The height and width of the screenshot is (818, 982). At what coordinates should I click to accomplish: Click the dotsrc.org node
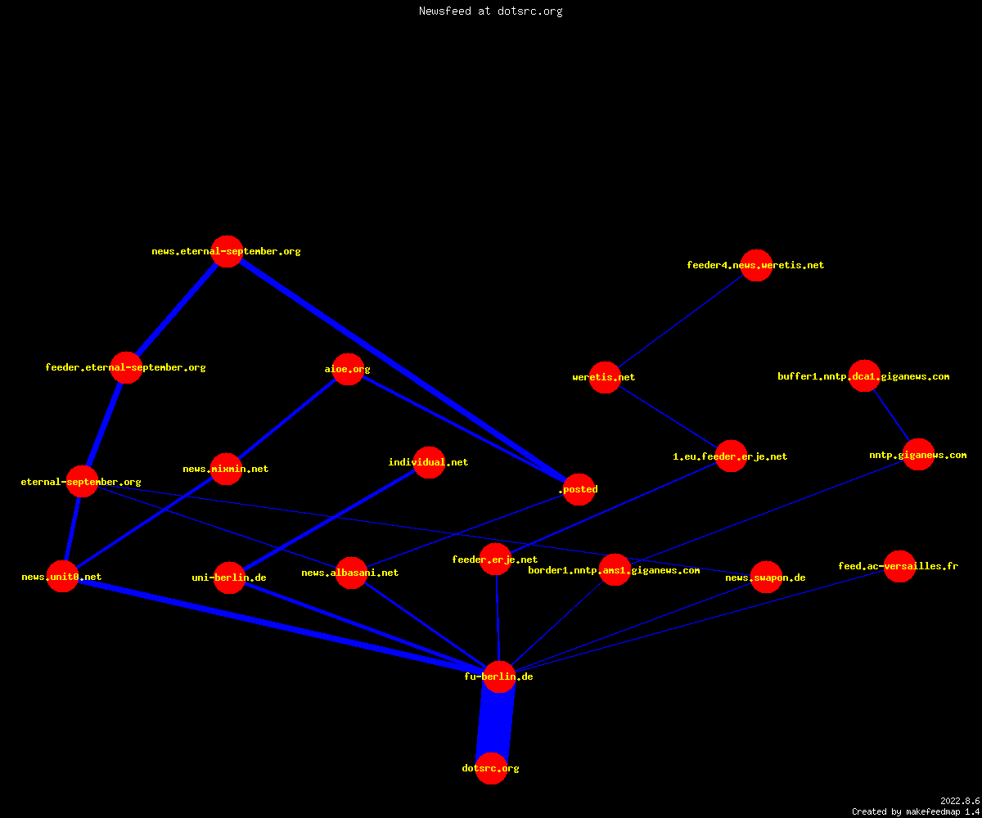click(x=491, y=768)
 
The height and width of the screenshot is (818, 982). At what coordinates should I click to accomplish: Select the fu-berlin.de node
click(x=499, y=676)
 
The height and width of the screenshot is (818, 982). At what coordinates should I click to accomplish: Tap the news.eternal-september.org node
click(x=227, y=251)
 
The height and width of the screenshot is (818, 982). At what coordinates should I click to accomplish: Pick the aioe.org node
click(x=348, y=369)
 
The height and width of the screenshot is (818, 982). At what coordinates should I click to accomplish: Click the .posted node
click(x=579, y=489)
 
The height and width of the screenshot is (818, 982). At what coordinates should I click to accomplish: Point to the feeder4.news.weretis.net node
click(x=756, y=265)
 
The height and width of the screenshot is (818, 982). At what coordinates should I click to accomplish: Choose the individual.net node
click(x=429, y=462)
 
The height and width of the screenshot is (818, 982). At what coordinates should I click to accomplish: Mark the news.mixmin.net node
click(x=226, y=469)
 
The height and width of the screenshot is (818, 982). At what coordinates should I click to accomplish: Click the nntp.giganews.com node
click(x=918, y=455)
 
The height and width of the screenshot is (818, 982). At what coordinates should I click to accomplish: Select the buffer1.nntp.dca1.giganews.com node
click(x=864, y=376)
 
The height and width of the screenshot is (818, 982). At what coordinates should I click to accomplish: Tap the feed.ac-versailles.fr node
click(x=899, y=566)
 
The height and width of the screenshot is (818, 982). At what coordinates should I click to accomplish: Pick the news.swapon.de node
click(x=766, y=577)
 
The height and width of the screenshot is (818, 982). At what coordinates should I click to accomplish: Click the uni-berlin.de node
click(x=229, y=578)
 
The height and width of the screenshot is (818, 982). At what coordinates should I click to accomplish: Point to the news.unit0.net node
click(x=62, y=577)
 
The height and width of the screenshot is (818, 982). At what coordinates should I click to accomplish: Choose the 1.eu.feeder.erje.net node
click(x=731, y=456)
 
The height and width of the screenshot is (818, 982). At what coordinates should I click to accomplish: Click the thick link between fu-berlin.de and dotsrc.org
click(x=495, y=722)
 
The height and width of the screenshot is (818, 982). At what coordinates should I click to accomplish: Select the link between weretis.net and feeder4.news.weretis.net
click(x=681, y=321)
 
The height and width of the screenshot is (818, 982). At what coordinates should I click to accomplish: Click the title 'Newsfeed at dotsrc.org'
click(x=490, y=11)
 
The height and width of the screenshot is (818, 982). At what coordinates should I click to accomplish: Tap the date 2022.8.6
click(x=960, y=801)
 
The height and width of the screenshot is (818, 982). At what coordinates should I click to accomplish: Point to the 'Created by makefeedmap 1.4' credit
click(x=916, y=812)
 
